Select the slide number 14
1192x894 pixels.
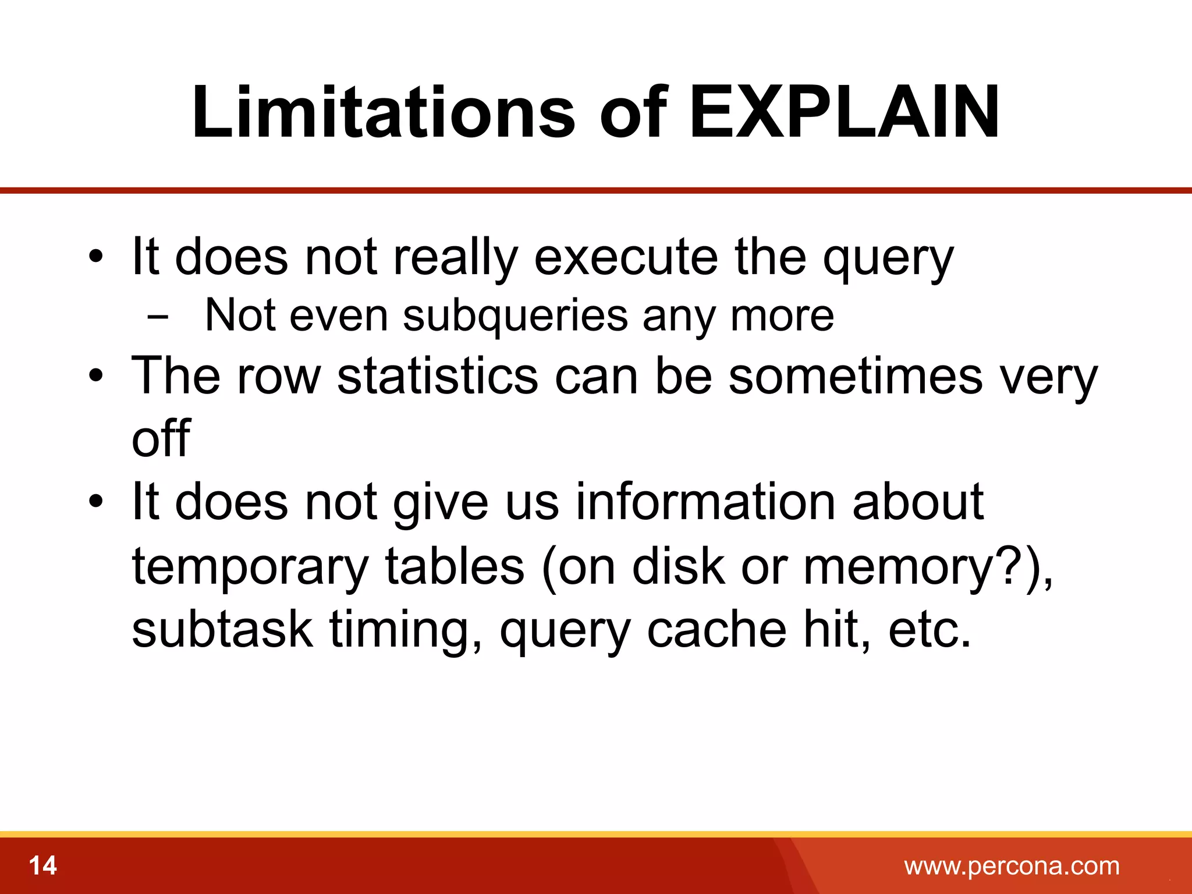[42, 865]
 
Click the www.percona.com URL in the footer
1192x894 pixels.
[1012, 865]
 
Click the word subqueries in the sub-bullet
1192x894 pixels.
[515, 315]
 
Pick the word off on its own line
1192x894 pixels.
[161, 438]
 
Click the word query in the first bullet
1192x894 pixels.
[888, 259]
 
